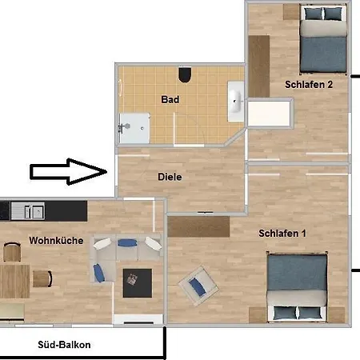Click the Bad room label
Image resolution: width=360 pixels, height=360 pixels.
pos(170,100)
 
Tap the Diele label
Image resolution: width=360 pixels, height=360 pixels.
pos(170,177)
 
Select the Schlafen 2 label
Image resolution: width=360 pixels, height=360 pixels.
pos(309,85)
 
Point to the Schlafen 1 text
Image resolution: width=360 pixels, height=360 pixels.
pos(282,234)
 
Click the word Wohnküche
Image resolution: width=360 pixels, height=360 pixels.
pos(56,241)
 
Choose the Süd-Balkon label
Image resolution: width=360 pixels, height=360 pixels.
pos(64,345)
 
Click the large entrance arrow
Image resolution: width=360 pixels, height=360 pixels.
pos(69,172)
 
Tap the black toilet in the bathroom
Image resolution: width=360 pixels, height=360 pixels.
pos(185,74)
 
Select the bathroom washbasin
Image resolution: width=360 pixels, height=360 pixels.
pos(236,102)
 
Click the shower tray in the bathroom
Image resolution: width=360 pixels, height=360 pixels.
pos(134,128)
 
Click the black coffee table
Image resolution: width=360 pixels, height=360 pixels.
pos(138,283)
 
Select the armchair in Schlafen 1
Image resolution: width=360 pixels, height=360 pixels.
pos(198,286)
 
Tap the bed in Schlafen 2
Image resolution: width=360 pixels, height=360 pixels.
pos(323,39)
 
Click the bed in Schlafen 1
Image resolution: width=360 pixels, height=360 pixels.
pos(297,286)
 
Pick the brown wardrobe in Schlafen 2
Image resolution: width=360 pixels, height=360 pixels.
pos(259,66)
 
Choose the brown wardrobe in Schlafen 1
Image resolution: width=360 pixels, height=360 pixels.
pos(198,226)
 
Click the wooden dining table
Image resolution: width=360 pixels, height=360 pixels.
pos(14,282)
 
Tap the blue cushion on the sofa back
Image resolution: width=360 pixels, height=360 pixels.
pos(127,243)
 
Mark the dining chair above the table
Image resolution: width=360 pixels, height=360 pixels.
pos(12,252)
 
